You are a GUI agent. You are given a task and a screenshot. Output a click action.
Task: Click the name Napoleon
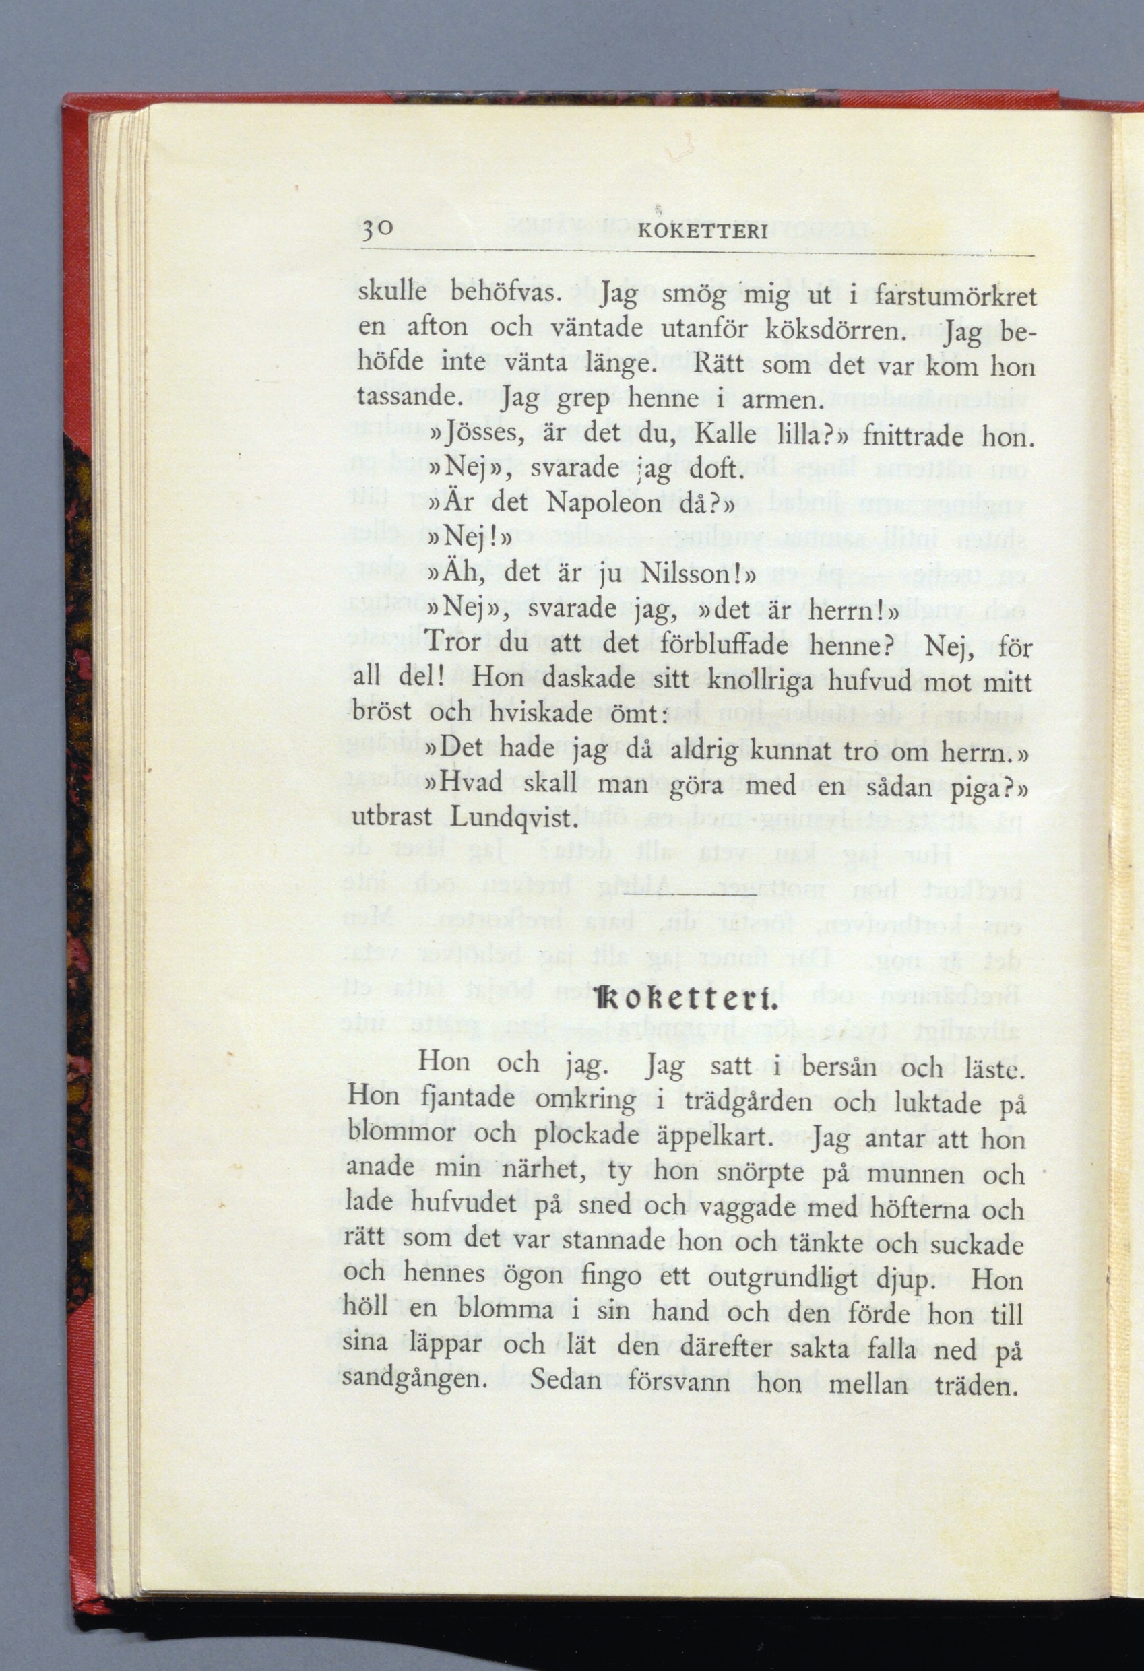point(603,502)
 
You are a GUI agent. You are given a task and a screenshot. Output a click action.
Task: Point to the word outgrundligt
point(782,1278)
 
